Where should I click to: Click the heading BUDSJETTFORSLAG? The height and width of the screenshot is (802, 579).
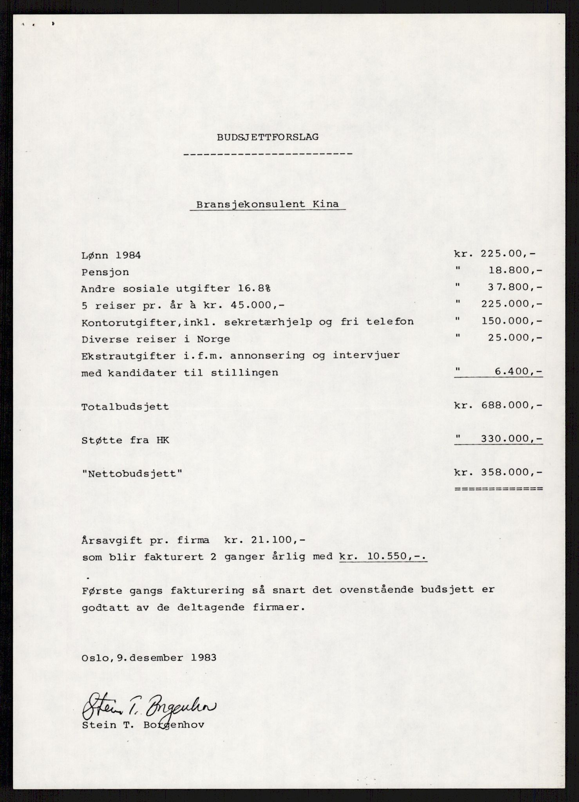coord(268,137)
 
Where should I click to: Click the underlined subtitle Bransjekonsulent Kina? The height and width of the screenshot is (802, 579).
coord(268,205)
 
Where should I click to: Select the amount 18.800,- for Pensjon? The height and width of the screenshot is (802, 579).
coord(515,271)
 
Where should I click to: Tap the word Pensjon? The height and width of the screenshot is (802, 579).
coord(105,272)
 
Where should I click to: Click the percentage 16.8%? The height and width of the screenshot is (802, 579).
coord(256,289)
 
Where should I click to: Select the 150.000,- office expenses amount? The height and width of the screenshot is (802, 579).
coord(510,321)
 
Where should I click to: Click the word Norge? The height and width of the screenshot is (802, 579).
coord(214,339)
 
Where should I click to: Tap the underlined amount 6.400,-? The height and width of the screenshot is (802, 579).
coord(518,371)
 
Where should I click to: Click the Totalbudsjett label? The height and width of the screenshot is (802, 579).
coord(125,407)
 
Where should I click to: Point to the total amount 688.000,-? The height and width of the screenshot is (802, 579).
coord(510,405)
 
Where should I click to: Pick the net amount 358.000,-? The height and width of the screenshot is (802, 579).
coord(510,472)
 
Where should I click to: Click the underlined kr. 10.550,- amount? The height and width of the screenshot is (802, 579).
coord(383,557)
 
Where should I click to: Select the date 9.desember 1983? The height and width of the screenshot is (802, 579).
coord(164,657)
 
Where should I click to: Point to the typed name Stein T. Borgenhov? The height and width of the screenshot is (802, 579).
coord(143,725)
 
